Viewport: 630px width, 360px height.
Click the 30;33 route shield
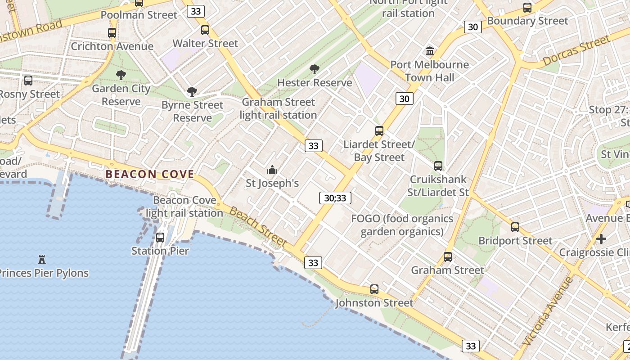coord(335,198)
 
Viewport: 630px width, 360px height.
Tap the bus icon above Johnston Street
coord(374,289)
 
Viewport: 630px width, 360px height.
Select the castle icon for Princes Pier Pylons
coord(42,259)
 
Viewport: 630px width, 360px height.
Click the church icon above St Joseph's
coord(272,170)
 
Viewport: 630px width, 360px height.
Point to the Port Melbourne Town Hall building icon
coord(429,51)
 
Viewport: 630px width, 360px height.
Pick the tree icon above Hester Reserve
coord(315,69)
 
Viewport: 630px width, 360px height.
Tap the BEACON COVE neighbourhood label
coord(150,175)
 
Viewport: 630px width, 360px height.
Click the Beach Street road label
coord(258,227)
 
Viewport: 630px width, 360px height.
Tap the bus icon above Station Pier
coord(160,238)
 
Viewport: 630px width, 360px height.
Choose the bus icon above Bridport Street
coord(515,227)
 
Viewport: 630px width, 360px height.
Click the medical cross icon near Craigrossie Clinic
coord(601,238)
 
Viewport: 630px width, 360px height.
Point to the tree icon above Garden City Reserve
coord(121,75)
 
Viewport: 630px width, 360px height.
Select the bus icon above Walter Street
coord(205,30)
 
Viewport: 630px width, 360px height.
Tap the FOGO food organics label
coord(402,225)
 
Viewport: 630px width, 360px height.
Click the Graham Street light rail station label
coord(279,108)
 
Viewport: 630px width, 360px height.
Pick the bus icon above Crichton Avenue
coord(112,33)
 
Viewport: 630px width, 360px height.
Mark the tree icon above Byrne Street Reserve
coord(192,92)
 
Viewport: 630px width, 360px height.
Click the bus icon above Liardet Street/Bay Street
coord(379,131)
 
